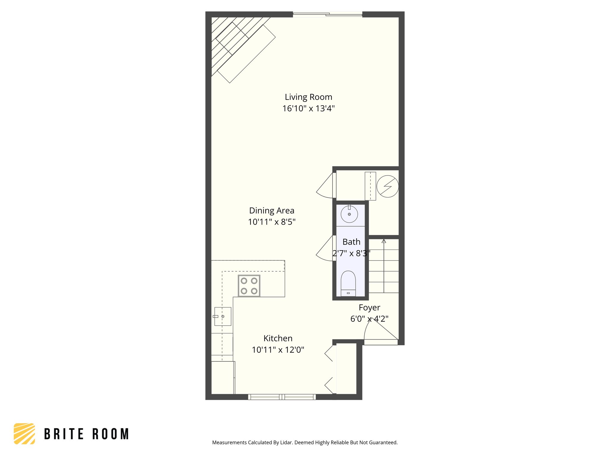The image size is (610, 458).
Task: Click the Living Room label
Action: [308, 97]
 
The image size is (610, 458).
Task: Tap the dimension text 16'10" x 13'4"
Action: [308, 109]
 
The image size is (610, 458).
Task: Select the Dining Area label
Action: [272, 211]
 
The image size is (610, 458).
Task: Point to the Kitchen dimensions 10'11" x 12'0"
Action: [278, 350]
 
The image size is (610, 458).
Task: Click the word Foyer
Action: [369, 308]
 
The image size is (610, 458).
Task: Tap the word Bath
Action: [351, 242]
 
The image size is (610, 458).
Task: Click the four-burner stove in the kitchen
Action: [249, 286]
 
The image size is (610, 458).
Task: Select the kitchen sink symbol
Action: [222, 316]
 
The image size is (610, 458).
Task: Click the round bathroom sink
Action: [349, 214]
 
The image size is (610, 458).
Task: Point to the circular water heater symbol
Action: [387, 186]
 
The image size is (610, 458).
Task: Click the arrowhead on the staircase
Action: [384, 241]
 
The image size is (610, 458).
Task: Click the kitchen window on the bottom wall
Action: [282, 397]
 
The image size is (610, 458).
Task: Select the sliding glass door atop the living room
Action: [327, 14]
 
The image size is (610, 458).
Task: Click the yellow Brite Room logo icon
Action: [24, 434]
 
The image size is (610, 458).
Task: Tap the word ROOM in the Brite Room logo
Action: [111, 434]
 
